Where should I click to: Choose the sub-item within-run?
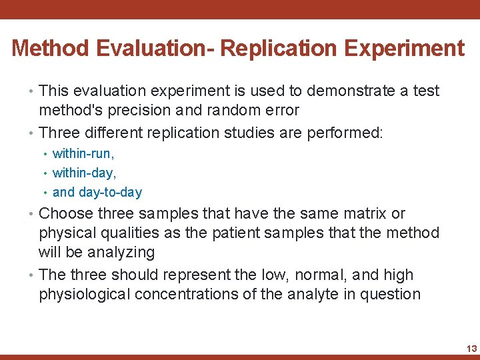click(x=83, y=154)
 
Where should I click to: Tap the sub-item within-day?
click(x=83, y=173)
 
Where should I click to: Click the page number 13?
click(x=471, y=349)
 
